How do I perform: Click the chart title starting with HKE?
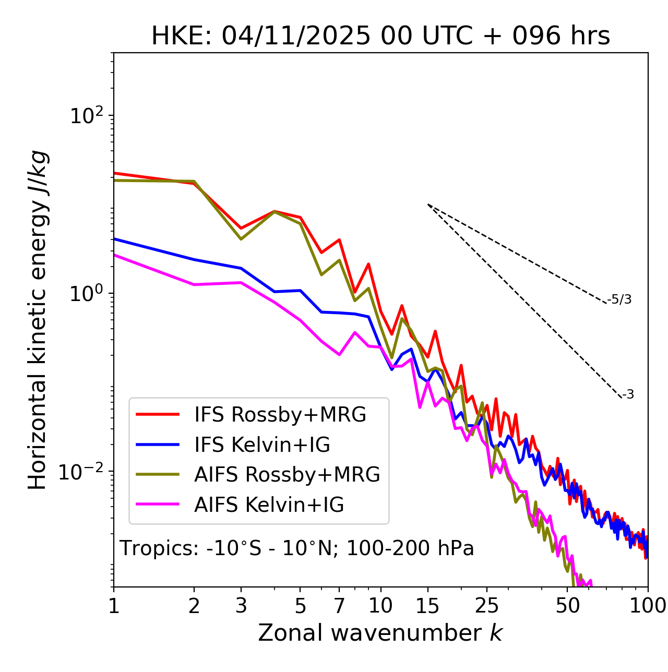pyautogui.click(x=380, y=36)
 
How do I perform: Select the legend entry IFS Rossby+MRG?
pyautogui.click(x=280, y=415)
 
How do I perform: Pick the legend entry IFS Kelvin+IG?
pyautogui.click(x=262, y=445)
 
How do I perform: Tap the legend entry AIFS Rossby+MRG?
pyautogui.click(x=287, y=475)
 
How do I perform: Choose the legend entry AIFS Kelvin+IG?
pyautogui.click(x=269, y=505)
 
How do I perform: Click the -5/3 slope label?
pyautogui.click(x=619, y=299)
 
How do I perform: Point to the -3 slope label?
pyautogui.click(x=628, y=395)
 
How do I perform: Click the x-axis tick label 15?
pyautogui.click(x=427, y=606)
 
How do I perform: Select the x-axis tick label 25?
pyautogui.click(x=487, y=606)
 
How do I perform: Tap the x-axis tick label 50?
pyautogui.click(x=567, y=606)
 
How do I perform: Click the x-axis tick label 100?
pyautogui.click(x=647, y=606)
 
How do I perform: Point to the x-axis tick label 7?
pyautogui.click(x=339, y=606)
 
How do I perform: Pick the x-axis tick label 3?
pyautogui.click(x=241, y=606)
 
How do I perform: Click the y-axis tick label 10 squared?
pyautogui.click(x=87, y=115)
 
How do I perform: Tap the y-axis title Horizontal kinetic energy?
pyautogui.click(x=38, y=320)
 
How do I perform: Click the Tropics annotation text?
pyautogui.click(x=297, y=548)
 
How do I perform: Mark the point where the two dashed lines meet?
pyautogui.click(x=428, y=205)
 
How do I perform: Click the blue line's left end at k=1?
pyautogui.click(x=114, y=239)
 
